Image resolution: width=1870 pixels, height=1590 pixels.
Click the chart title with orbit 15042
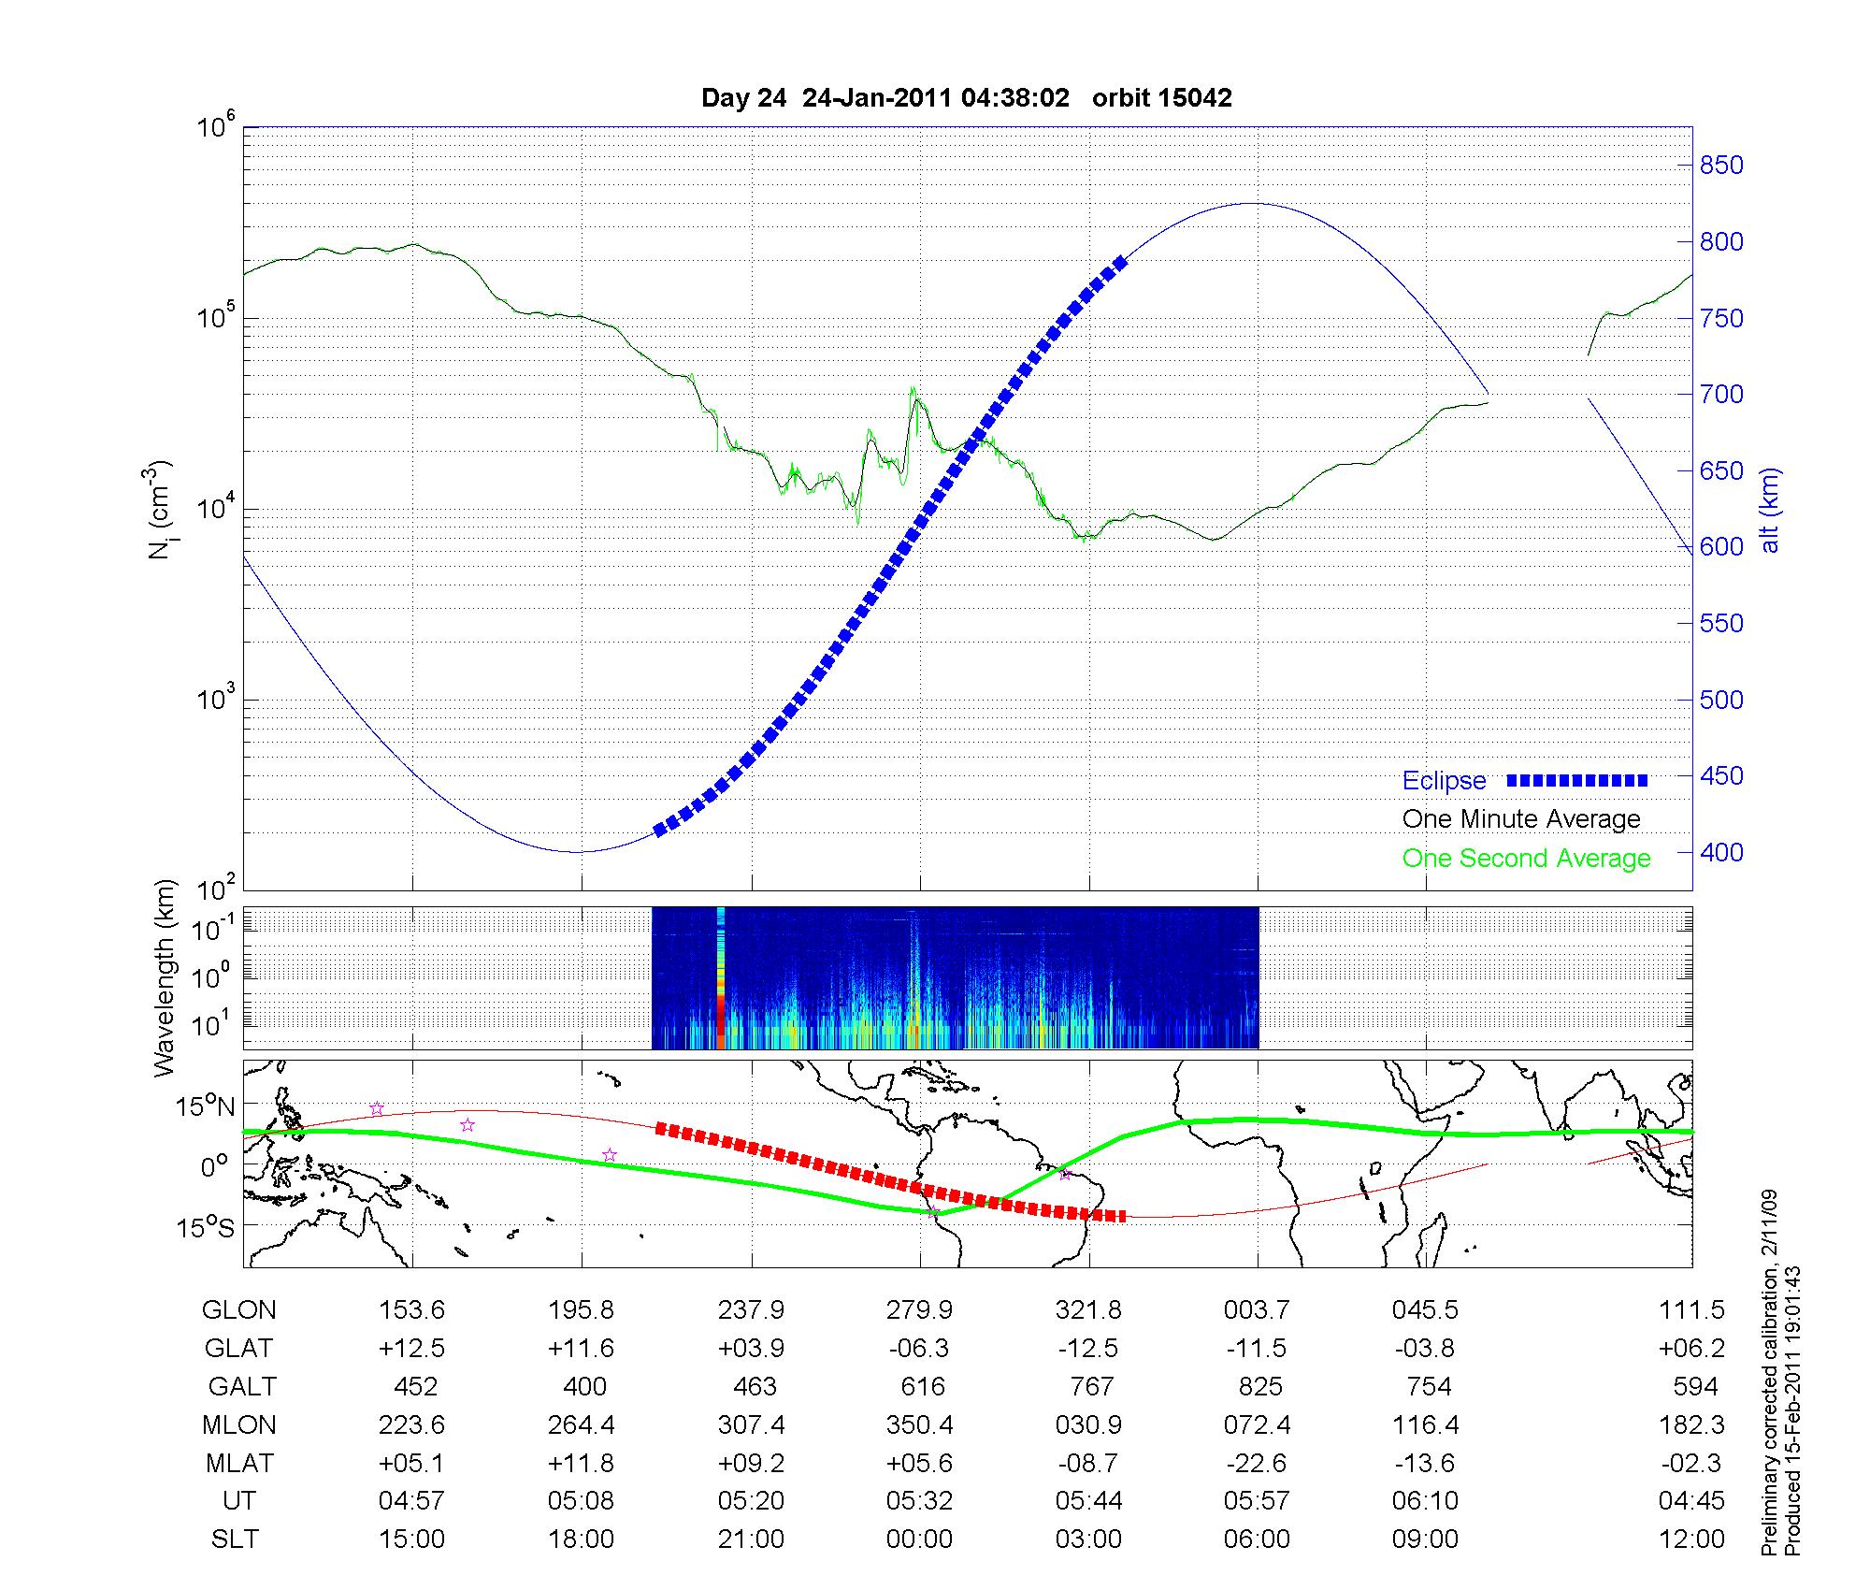pos(966,98)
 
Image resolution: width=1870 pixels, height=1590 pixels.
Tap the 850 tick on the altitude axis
pos(1720,166)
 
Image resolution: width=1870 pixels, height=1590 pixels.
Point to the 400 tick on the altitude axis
pos(1720,852)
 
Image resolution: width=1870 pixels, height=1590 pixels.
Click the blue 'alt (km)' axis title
pos(1769,510)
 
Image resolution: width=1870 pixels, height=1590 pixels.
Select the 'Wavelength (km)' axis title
pos(165,978)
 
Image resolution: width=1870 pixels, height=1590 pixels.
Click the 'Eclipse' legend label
pos(1444,781)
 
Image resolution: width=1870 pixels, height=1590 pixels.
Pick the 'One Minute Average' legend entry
pos(1521,819)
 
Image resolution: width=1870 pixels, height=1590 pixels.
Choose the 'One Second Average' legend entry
pos(1526,859)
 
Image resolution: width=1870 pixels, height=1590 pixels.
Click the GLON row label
pos(238,1310)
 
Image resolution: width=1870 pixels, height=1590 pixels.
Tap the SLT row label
pos(235,1539)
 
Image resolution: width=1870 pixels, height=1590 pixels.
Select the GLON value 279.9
pos(919,1310)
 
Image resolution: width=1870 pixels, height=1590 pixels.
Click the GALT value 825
pos(1259,1386)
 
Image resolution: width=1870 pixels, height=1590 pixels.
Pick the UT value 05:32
pos(919,1501)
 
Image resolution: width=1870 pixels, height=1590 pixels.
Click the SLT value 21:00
pos(751,1539)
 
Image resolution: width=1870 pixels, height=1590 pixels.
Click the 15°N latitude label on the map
pos(206,1106)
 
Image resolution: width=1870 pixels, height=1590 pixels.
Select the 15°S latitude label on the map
pos(206,1226)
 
